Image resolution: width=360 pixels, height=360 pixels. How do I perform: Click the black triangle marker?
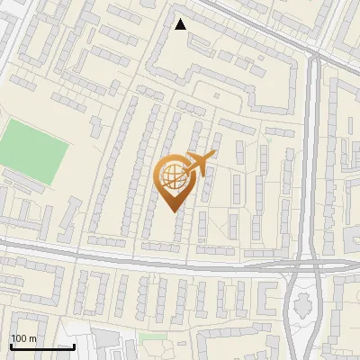coord(181,24)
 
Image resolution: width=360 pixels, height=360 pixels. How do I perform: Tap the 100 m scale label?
coord(23,338)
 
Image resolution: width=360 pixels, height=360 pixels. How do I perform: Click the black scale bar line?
coord(41,346)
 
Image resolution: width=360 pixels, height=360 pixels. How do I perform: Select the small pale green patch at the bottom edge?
coord(153,337)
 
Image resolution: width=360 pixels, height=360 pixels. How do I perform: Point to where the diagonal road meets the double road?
coord(314,56)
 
